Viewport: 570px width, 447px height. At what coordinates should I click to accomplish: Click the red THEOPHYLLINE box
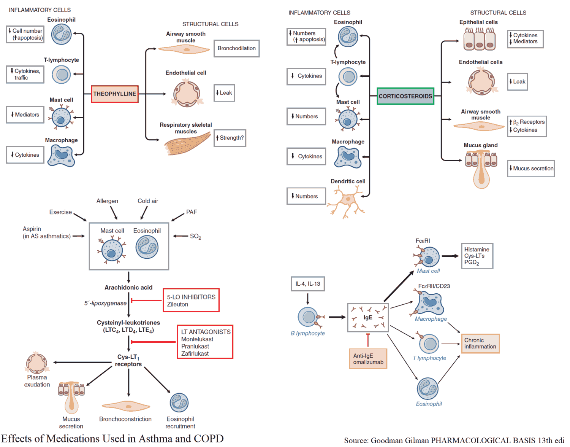point(114,94)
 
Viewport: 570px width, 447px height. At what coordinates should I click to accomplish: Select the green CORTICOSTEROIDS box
point(405,96)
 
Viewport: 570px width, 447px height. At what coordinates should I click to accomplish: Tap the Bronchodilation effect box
point(236,48)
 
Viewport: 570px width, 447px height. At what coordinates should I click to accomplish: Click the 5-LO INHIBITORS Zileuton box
point(191,300)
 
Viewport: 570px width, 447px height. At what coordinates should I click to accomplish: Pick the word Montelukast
point(197,339)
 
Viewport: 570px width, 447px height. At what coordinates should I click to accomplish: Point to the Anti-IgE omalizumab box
point(368,359)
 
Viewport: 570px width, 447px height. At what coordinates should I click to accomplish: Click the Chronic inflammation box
point(480,344)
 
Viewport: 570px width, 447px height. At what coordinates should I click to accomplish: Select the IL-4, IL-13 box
point(307,284)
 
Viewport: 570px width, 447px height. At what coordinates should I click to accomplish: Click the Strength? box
point(230,138)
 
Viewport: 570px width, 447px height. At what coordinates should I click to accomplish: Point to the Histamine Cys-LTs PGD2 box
point(477,256)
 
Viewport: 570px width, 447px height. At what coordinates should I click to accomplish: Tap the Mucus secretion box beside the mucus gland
point(531,169)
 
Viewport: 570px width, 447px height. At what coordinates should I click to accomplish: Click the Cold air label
point(148,201)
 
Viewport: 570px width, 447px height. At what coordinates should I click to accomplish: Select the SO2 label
point(195,236)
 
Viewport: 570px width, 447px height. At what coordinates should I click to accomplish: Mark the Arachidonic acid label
point(128,288)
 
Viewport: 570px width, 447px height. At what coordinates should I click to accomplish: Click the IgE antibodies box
point(368,318)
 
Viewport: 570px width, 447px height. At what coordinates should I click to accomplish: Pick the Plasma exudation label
point(37,381)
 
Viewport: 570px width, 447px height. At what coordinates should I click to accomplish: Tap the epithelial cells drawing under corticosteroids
point(479,40)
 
